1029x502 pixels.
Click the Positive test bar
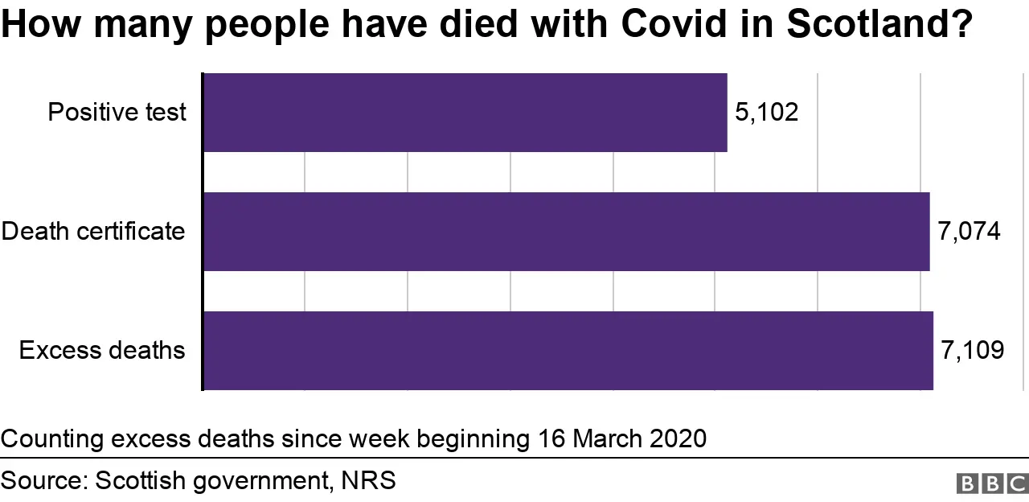pyautogui.click(x=465, y=112)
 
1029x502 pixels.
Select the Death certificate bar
pyautogui.click(x=566, y=231)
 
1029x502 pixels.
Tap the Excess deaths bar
pyautogui.click(x=568, y=350)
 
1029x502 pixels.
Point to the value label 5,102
pyautogui.click(x=767, y=112)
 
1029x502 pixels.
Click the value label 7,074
pyautogui.click(x=969, y=231)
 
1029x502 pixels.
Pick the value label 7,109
pyautogui.click(x=972, y=350)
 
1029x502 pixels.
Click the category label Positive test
pyautogui.click(x=117, y=112)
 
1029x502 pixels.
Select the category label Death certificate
pyautogui.click(x=93, y=231)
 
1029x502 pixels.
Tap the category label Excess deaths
pyautogui.click(x=102, y=350)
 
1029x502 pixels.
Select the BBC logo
pyautogui.click(x=992, y=483)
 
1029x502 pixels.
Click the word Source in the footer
pyautogui.click(x=43, y=481)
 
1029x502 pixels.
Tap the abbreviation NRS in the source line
pyautogui.click(x=368, y=481)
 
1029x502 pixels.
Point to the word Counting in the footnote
pyautogui.click(x=52, y=438)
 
